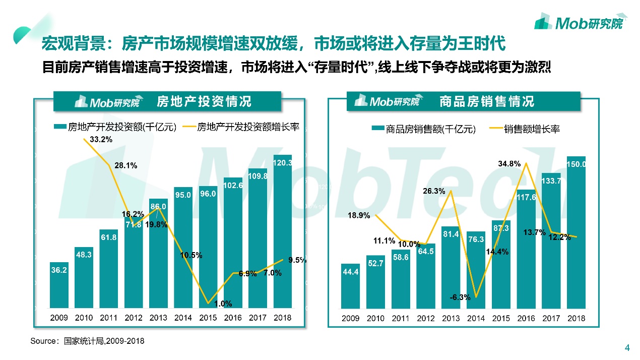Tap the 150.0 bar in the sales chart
coord(576,232)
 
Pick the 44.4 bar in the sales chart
coord(350,285)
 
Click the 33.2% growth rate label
coord(101,139)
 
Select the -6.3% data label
coord(460,297)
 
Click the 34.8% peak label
coord(509,164)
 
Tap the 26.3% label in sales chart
coord(433,191)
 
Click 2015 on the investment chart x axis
coord(208,318)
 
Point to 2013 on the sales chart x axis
coord(451,318)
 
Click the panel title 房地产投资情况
coord(204,101)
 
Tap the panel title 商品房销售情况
coord(486,101)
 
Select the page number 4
coord(627,347)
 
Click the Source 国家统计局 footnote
coord(87,341)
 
